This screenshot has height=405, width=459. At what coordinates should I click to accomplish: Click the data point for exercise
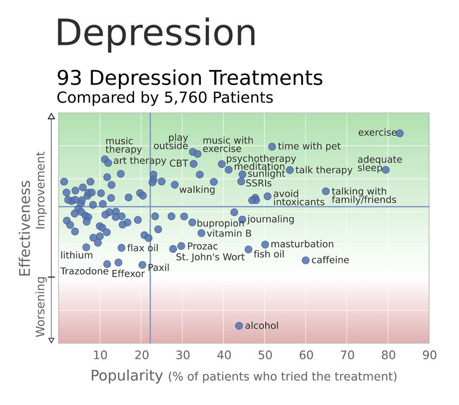(400, 133)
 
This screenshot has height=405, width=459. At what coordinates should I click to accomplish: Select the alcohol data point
(239, 326)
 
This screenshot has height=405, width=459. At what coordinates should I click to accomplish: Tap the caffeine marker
(306, 260)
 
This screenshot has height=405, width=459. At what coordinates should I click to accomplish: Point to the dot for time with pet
(272, 147)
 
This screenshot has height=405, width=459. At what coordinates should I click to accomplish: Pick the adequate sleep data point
(386, 170)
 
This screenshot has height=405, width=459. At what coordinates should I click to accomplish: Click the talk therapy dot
(290, 170)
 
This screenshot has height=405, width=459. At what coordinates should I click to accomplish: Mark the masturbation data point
(265, 245)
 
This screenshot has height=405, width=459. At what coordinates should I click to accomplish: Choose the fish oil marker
(248, 250)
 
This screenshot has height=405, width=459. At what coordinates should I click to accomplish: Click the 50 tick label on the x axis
(265, 355)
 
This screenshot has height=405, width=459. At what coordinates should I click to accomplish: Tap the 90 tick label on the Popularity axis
(429, 355)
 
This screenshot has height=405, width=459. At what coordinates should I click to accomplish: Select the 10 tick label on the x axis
(100, 355)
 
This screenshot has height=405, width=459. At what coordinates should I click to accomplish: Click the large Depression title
(156, 33)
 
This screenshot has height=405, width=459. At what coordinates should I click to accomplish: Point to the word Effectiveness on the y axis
(25, 228)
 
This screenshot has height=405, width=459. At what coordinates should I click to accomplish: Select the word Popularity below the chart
(126, 375)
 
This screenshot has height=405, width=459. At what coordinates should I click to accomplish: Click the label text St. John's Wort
(210, 257)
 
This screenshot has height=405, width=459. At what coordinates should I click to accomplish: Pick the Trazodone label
(84, 271)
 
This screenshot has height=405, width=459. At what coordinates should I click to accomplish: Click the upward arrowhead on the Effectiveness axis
(51, 115)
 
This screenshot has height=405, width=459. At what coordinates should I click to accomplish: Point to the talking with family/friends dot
(326, 191)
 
